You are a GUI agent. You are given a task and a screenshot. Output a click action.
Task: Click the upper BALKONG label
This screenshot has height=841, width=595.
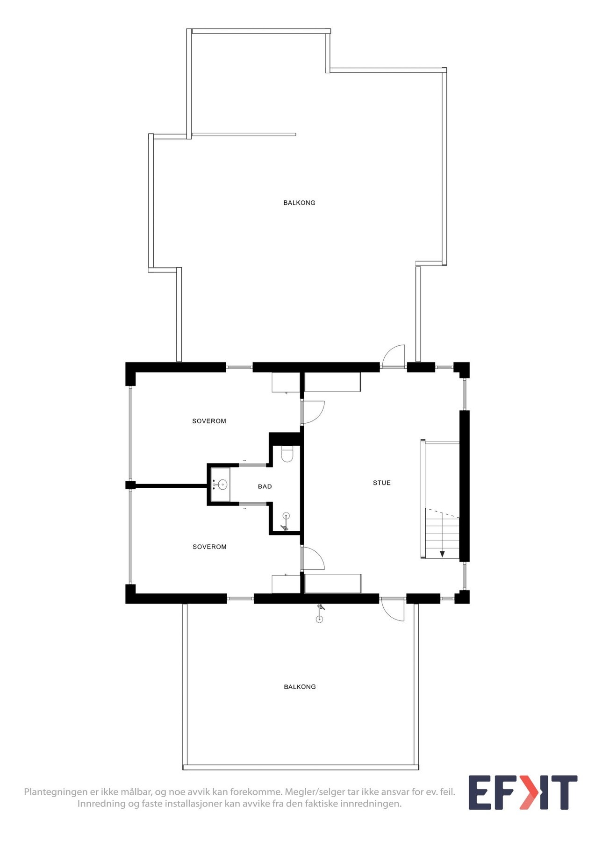coord(299,203)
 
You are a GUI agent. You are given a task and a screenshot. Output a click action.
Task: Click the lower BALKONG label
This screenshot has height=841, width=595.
coord(300,687)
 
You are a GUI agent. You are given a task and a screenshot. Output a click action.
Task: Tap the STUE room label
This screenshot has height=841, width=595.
coord(381,483)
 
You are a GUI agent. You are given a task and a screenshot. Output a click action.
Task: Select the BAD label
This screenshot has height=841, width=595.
coord(265,486)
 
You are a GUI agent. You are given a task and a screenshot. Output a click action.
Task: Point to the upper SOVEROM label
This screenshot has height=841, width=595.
coord(209,421)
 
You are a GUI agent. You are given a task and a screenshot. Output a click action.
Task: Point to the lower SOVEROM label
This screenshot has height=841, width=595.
coord(209,547)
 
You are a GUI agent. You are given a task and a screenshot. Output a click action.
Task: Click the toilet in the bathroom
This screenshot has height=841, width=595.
coord(287,454)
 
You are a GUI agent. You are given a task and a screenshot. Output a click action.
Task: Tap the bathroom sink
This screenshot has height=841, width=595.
coord(221,484)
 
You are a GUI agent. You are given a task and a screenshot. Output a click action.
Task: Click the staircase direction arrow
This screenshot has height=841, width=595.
coord(442,554)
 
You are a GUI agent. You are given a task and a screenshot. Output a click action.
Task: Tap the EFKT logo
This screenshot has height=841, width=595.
coord(523,792)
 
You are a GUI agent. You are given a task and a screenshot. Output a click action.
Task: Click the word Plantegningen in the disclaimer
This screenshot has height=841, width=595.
coord(56,792)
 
